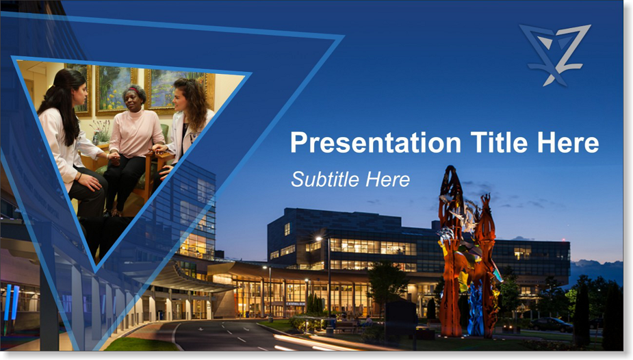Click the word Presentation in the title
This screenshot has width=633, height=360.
[x=376, y=143]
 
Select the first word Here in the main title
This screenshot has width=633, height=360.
[x=567, y=142]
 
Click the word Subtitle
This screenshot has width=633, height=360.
[x=324, y=179]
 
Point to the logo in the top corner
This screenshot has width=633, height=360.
[x=555, y=55]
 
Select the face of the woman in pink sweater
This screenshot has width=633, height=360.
[x=132, y=98]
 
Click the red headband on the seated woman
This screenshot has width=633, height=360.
[x=133, y=89]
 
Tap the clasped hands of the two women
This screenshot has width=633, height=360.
[x=115, y=158]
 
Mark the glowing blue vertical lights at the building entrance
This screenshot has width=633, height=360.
[x=12, y=303]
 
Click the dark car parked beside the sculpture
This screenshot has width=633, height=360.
[x=550, y=324]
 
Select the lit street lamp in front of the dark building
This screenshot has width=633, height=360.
[x=319, y=239]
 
